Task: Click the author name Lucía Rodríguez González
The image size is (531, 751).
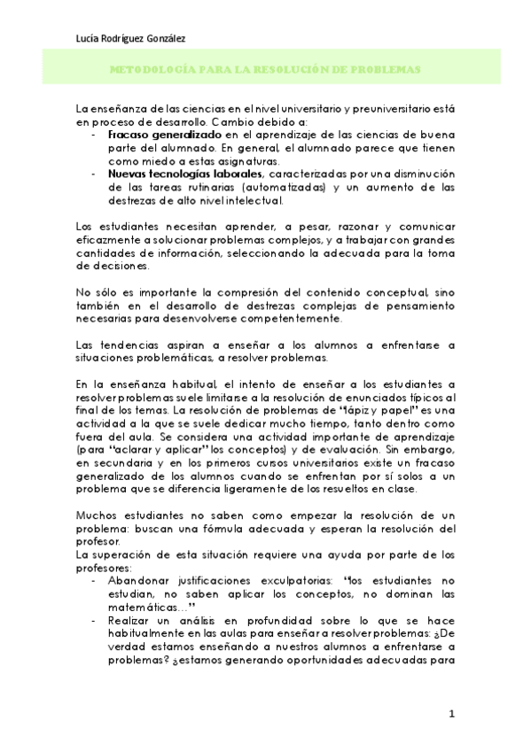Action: point(131,36)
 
